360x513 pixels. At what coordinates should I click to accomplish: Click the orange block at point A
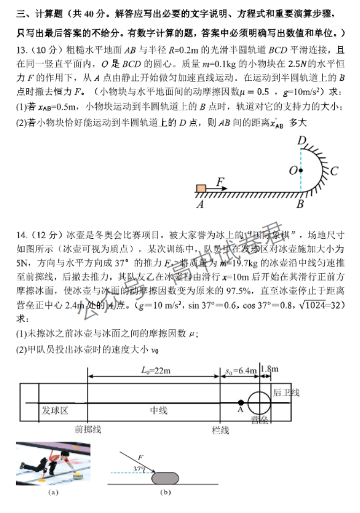click(x=201, y=188)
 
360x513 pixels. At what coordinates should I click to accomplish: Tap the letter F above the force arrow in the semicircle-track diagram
click(x=220, y=182)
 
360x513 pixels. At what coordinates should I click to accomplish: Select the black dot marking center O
click(x=301, y=170)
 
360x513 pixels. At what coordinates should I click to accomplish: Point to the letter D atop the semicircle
click(x=302, y=141)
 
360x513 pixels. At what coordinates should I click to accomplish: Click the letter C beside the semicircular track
click(x=334, y=171)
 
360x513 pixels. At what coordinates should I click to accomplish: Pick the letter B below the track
click(x=300, y=204)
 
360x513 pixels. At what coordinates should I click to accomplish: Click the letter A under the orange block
click(x=200, y=203)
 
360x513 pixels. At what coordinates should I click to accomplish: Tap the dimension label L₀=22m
click(x=155, y=370)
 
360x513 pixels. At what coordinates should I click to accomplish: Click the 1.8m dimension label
click(x=269, y=369)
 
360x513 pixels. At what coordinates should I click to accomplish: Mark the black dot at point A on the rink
click(x=241, y=402)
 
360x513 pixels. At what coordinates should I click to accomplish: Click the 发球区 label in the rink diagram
click(x=55, y=410)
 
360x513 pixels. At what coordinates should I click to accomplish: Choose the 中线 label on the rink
click(x=159, y=410)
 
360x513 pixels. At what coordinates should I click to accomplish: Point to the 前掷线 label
click(x=88, y=429)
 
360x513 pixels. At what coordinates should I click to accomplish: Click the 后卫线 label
click(x=286, y=393)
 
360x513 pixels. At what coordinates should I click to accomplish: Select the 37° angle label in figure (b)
click(x=139, y=469)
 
